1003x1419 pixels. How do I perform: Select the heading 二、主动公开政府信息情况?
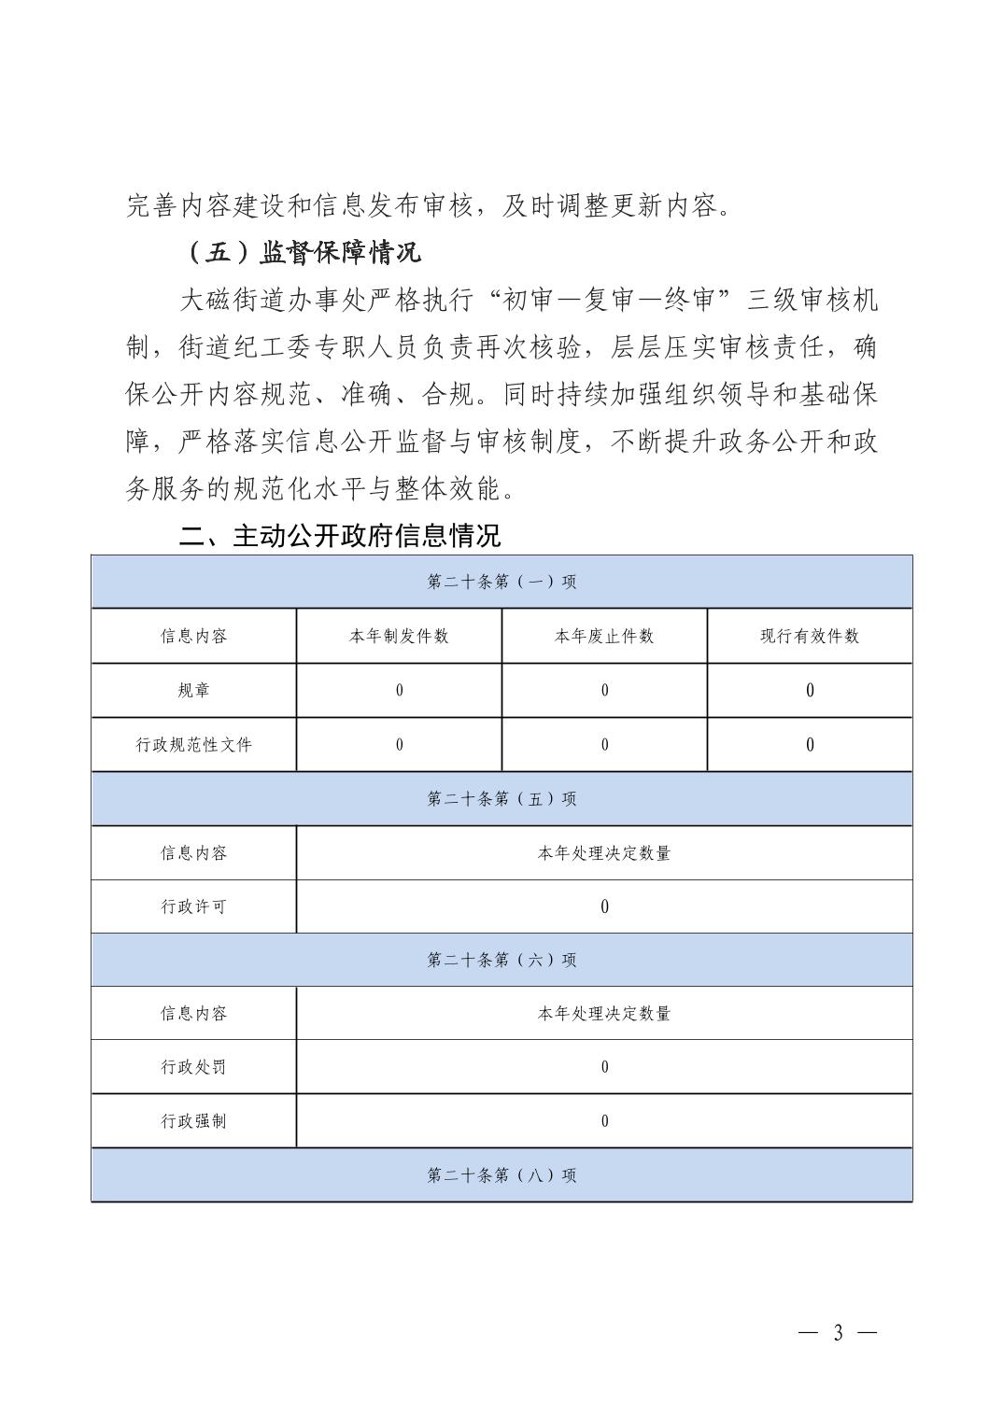340,536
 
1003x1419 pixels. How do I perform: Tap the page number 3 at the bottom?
838,1332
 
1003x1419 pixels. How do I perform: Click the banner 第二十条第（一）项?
501,582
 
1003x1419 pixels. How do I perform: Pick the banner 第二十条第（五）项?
501,799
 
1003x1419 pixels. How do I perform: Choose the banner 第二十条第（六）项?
501,960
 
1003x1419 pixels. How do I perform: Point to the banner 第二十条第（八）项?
501,1175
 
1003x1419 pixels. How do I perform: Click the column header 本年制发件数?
399,637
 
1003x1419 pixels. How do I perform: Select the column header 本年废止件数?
604,637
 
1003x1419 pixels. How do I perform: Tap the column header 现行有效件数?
810,637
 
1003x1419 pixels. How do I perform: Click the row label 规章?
194,691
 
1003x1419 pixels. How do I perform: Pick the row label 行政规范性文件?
194,745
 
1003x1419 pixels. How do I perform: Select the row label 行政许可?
194,906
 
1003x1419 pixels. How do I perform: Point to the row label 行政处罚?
194,1067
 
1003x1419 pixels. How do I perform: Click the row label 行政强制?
194,1121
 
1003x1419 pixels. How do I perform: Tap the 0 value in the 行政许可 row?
604,906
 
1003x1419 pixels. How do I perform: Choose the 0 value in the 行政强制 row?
604,1121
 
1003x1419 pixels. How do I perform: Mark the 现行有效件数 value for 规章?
810,691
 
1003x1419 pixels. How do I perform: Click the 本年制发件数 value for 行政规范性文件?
399,745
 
